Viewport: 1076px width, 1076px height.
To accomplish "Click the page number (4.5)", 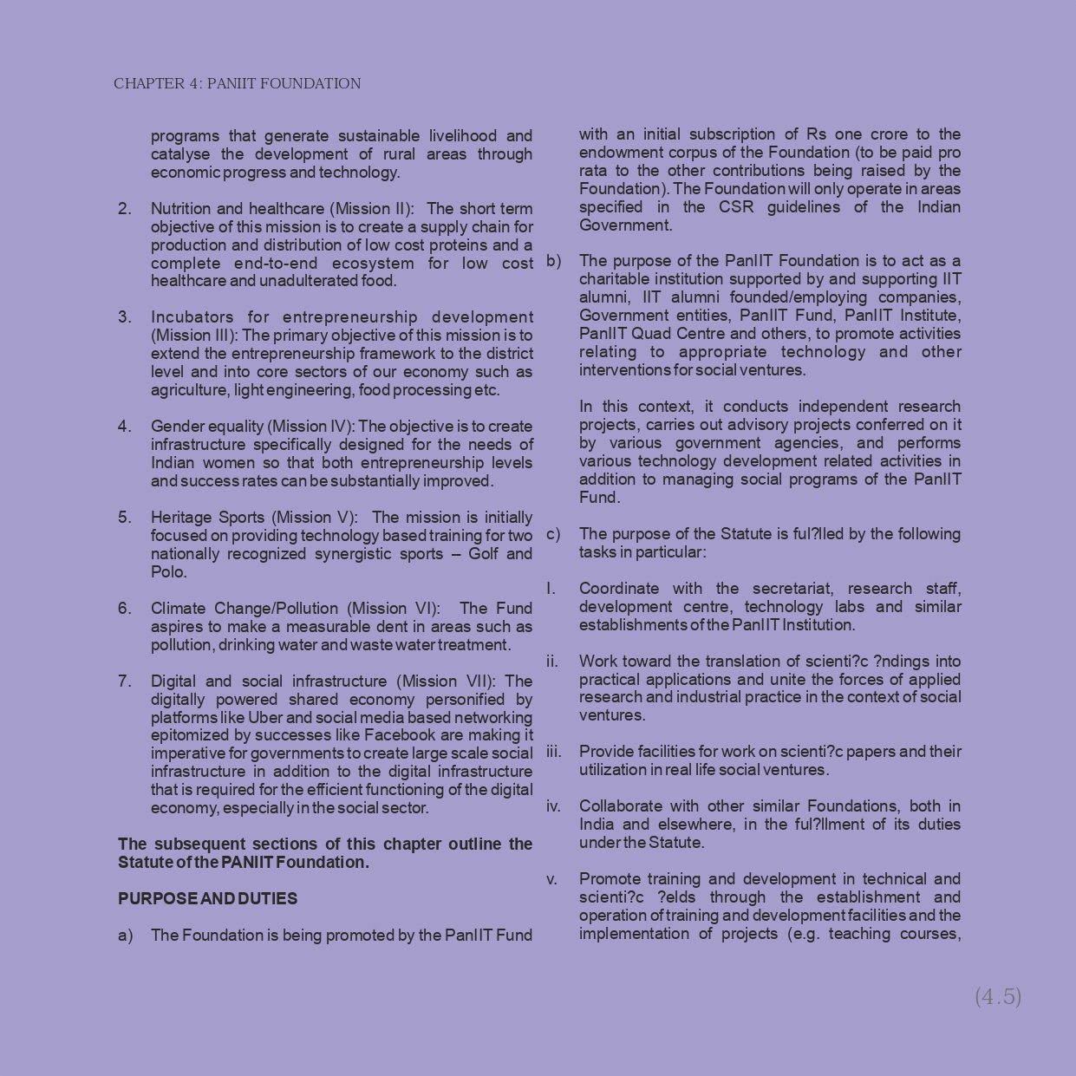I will point(998,996).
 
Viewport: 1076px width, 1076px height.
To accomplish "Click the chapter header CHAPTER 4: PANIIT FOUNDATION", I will point(237,84).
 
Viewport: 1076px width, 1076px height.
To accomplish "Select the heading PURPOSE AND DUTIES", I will point(207,898).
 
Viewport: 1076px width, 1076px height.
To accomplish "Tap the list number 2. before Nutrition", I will point(125,209).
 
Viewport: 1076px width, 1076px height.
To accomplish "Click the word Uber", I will point(264,717).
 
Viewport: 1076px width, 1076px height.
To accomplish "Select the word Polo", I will point(167,572).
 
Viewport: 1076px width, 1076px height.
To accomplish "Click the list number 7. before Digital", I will point(125,681).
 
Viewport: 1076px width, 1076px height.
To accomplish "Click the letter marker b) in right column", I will point(553,261).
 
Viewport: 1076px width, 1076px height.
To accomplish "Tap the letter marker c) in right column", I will point(553,534).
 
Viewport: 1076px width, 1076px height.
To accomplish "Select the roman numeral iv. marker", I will point(553,806).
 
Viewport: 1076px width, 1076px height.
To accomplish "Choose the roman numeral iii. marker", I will point(553,752).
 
